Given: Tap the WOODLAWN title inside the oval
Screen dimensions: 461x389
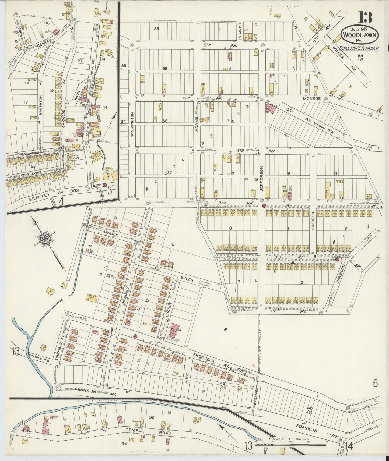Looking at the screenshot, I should click(x=360, y=35).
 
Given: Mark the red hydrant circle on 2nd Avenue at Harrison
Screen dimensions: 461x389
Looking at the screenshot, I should click(x=337, y=260).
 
